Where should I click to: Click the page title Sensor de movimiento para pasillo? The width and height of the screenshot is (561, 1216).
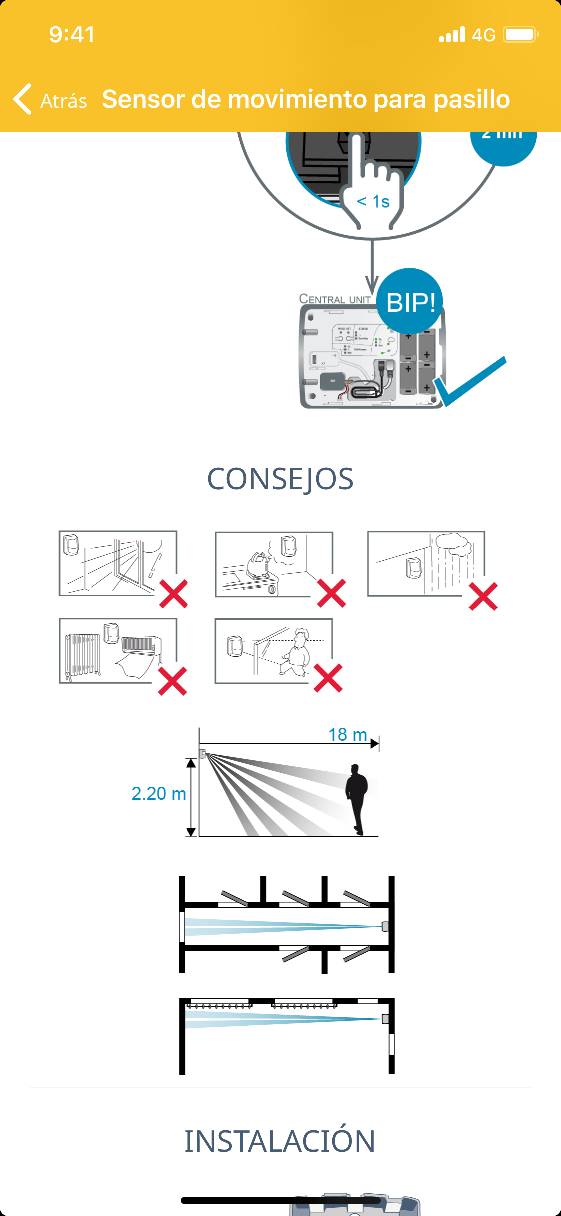(x=306, y=99)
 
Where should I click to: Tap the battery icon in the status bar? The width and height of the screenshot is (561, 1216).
(x=520, y=35)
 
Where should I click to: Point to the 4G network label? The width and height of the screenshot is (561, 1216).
(x=483, y=35)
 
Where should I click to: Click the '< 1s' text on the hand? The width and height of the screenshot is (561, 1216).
(x=374, y=201)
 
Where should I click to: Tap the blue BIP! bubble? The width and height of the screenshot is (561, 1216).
(x=410, y=302)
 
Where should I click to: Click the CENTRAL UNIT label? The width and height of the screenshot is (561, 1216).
(x=335, y=299)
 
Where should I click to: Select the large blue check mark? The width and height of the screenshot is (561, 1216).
(x=471, y=381)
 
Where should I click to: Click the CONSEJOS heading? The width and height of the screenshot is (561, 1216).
(x=280, y=479)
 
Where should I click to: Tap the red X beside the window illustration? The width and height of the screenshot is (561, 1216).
(x=174, y=594)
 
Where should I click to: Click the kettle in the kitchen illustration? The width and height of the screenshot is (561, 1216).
(x=258, y=565)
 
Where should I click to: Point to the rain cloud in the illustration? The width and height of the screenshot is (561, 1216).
(x=453, y=544)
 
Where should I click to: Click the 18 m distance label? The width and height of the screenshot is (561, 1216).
(x=347, y=735)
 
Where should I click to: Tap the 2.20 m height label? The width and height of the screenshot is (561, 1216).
(x=158, y=794)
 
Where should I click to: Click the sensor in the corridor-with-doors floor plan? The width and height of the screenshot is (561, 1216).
(x=385, y=927)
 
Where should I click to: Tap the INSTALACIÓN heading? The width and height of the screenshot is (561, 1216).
(x=280, y=1141)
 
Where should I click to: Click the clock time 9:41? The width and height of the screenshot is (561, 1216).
(x=72, y=35)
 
